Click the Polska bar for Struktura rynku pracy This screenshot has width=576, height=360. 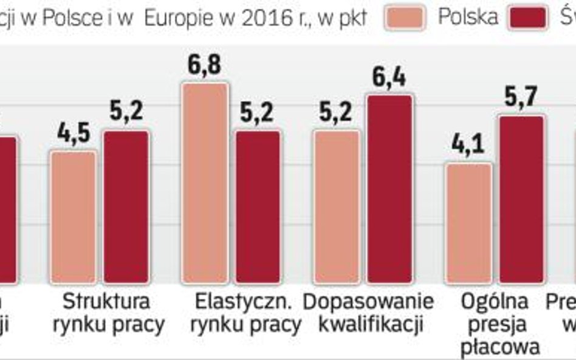tap(73, 217)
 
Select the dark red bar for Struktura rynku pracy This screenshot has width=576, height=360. tap(126, 206)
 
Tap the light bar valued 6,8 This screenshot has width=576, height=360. tap(205, 183)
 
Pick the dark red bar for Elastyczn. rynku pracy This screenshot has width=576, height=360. tap(258, 206)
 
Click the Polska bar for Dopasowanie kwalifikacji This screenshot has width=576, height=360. tap(337, 206)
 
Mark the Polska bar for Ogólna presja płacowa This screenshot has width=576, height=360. tap(468, 223)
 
